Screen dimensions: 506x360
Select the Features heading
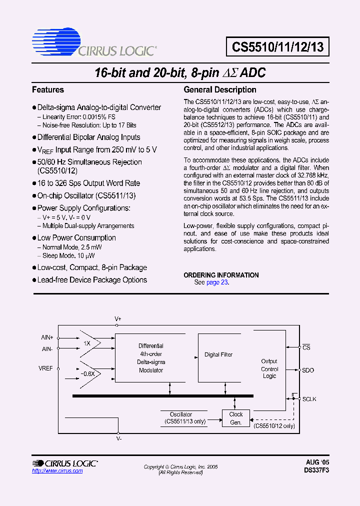[48, 90]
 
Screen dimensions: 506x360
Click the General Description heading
[220, 90]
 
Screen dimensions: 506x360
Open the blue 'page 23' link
[217, 282]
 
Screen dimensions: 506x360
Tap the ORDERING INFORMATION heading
[221, 275]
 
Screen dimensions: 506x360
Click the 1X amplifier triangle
[89, 343]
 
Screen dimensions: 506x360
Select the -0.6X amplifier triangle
[89, 373]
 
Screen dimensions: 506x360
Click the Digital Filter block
[219, 355]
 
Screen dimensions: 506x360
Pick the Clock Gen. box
[236, 418]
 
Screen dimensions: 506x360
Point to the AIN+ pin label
[47, 337]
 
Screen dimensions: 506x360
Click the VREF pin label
[46, 368]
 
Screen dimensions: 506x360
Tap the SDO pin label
[308, 370]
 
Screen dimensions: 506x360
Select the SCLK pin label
[309, 399]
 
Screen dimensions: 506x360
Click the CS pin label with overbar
[307, 347]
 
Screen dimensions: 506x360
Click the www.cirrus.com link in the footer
[57, 471]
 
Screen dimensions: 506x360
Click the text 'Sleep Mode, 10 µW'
[68, 256]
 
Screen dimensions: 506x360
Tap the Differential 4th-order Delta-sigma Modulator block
[151, 358]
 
